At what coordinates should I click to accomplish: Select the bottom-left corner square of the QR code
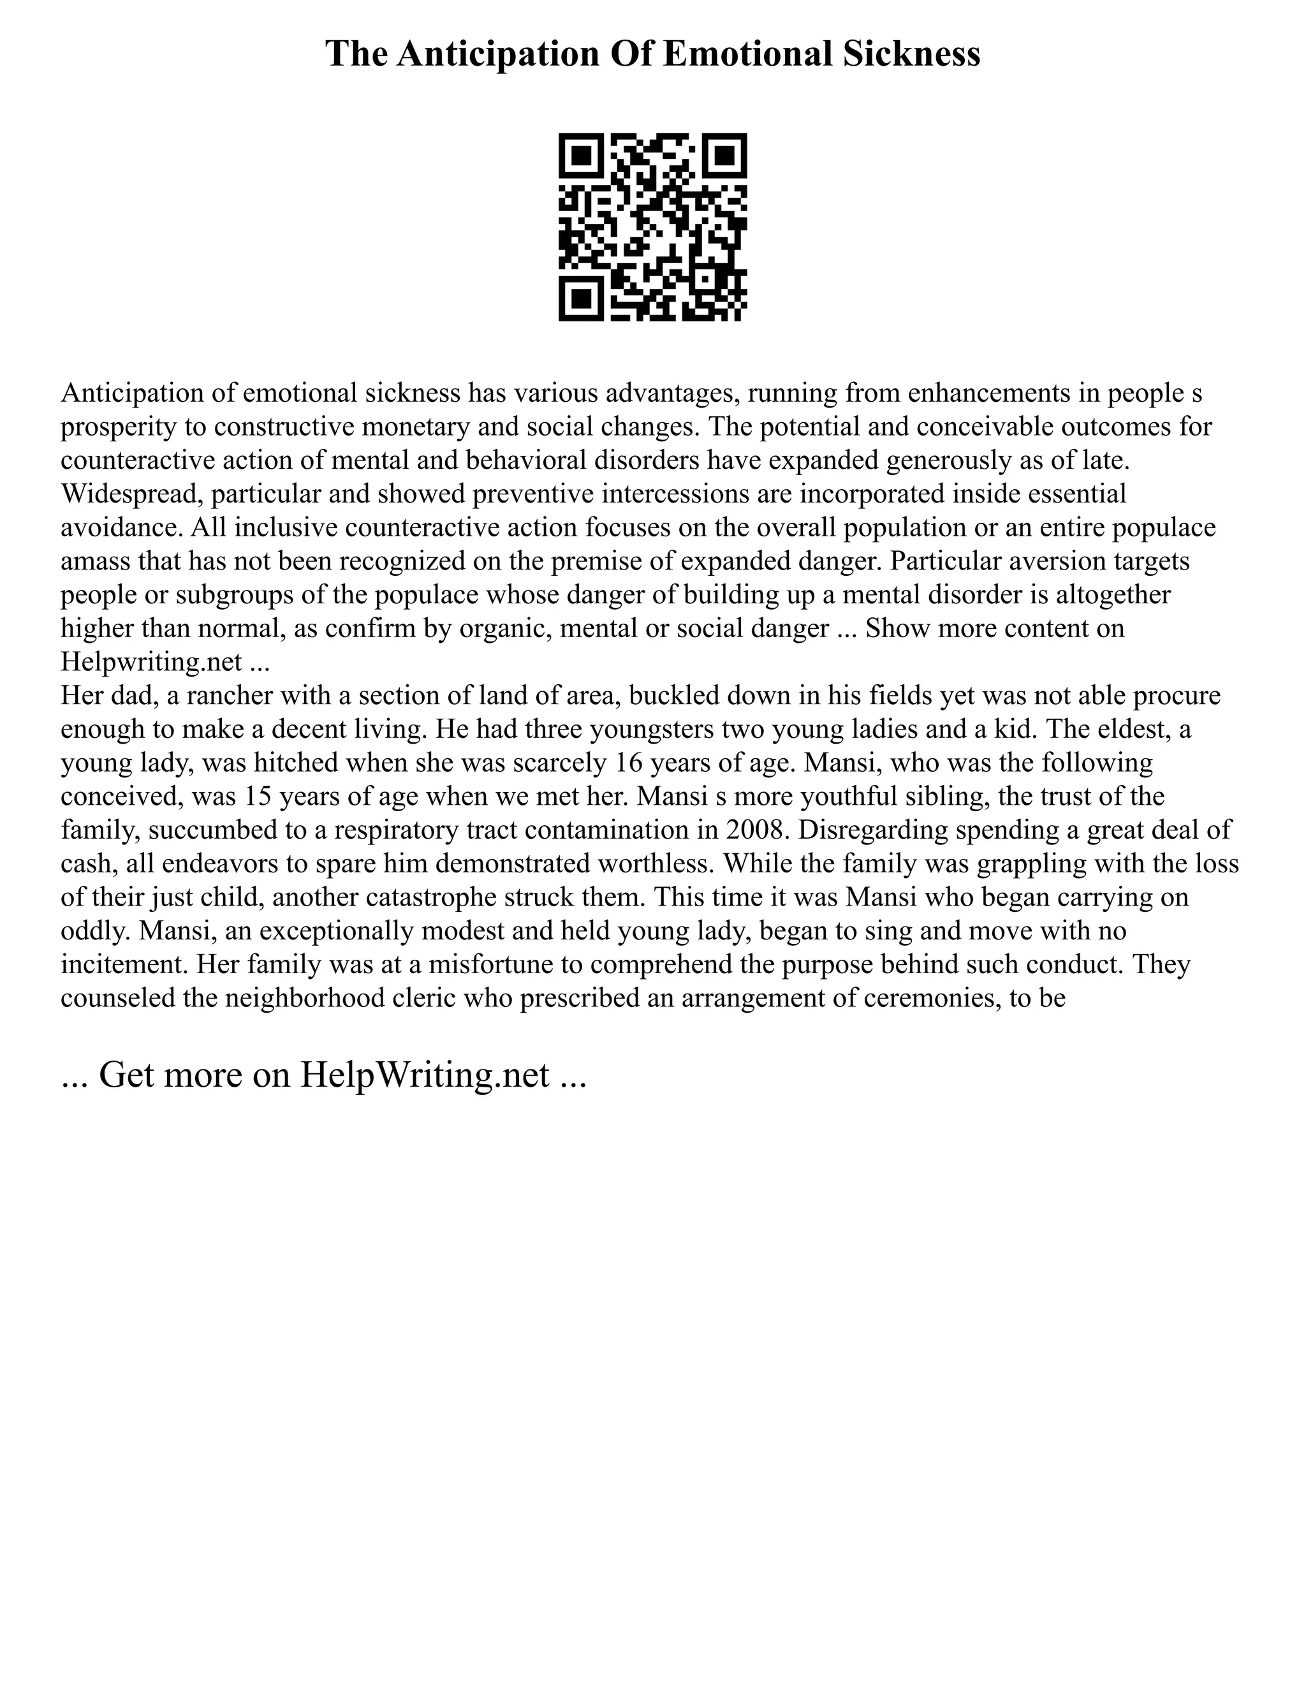click(580, 300)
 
